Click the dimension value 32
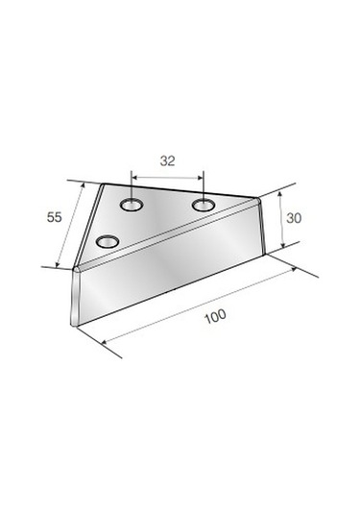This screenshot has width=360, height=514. [167, 161]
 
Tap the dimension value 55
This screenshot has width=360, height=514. [54, 217]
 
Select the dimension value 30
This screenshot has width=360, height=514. [294, 218]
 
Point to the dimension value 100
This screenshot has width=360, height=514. [215, 316]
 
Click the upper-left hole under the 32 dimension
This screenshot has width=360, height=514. [132, 206]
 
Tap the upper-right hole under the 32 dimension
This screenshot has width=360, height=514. [204, 206]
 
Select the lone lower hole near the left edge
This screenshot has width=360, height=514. [108, 242]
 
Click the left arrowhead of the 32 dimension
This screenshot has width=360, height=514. [134, 178]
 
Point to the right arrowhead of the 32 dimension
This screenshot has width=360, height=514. [201, 178]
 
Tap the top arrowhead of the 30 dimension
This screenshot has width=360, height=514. [279, 194]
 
